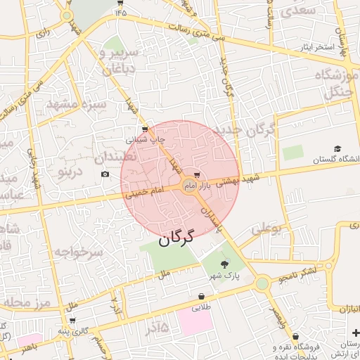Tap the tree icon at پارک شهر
click(224, 264)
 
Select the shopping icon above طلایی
click(202, 297)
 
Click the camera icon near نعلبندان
click(105, 174)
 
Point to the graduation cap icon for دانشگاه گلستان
click(337, 149)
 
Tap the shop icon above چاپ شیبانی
click(145, 129)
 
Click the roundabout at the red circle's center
click(188, 186)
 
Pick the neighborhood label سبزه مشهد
click(75, 104)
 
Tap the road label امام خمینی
click(144, 191)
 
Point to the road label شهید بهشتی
click(237, 180)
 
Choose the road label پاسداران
click(210, 220)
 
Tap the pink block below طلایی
click(195, 321)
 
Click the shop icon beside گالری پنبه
click(72, 321)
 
